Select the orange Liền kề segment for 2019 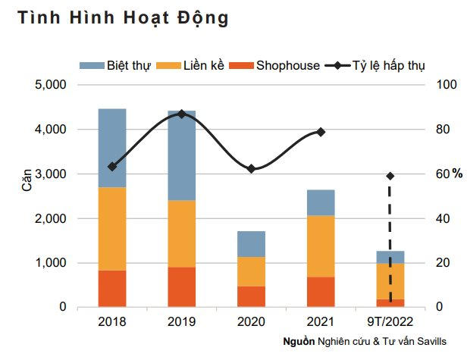pos(181,233)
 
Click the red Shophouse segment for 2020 pos(251,296)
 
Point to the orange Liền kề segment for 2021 pos(321,246)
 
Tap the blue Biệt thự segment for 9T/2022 pos(390,257)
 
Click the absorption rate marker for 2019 pos(181,114)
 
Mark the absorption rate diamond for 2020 pos(251,168)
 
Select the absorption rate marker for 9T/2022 pos(390,176)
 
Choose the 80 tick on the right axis pos(440,130)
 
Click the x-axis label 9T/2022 pos(390,321)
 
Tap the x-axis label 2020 pos(251,321)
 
